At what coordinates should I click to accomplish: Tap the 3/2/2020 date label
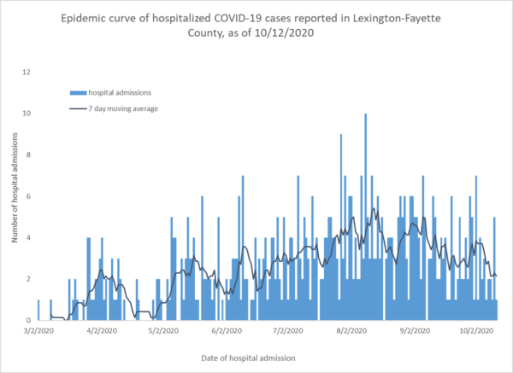pyautogui.click(x=39, y=329)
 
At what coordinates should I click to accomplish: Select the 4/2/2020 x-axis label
pyautogui.click(x=102, y=329)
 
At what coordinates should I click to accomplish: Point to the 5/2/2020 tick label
pyautogui.click(x=163, y=329)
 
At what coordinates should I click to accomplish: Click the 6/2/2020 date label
pyautogui.click(x=226, y=329)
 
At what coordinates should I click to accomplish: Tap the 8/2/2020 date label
pyautogui.click(x=351, y=329)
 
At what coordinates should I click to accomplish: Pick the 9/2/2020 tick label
pyautogui.click(x=414, y=329)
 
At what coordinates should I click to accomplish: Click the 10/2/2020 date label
pyautogui.click(x=476, y=329)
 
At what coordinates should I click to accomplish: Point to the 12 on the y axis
pyautogui.click(x=26, y=72)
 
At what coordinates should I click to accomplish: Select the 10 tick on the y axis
pyautogui.click(x=26, y=114)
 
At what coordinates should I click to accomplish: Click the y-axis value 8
pyautogui.click(x=27, y=154)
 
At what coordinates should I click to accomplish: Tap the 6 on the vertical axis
pyautogui.click(x=27, y=196)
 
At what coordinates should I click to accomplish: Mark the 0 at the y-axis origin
pyautogui.click(x=27, y=320)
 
